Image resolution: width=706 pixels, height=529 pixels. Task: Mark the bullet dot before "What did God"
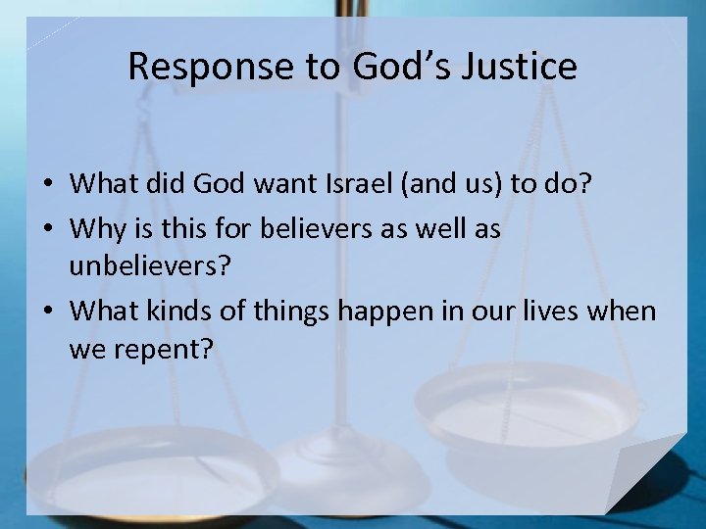coord(47,184)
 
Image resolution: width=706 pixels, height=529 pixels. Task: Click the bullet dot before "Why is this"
coord(47,231)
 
